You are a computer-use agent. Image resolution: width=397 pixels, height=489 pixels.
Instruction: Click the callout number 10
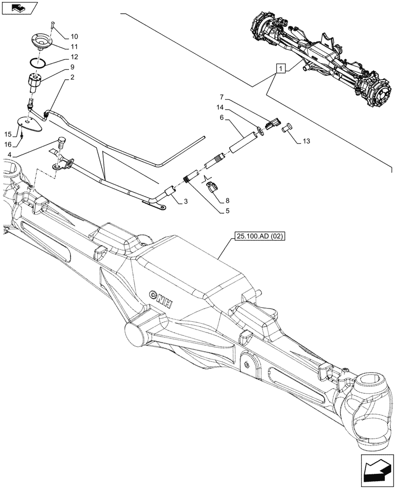click(74, 36)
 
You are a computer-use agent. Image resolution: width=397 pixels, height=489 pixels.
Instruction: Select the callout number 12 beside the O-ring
click(74, 57)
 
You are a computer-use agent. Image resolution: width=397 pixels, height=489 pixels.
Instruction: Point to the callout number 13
click(306, 142)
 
